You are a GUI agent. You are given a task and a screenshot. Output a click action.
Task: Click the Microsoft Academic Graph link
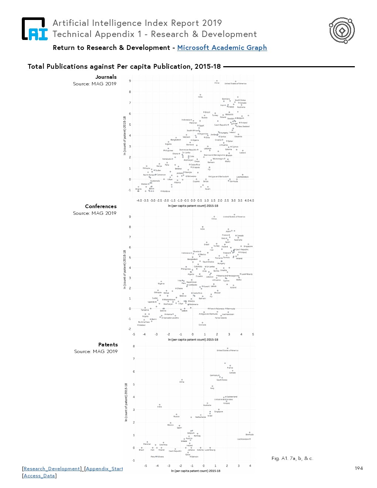coord(222,48)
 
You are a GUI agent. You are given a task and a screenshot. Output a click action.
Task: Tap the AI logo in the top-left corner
coord(35,29)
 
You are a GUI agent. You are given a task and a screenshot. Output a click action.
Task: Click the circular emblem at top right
coord(342,30)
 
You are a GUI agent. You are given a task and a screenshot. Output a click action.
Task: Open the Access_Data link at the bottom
coord(39,476)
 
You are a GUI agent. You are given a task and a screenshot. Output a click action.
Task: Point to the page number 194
coord(359,468)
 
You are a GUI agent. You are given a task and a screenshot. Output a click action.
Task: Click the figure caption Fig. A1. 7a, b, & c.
coord(292,458)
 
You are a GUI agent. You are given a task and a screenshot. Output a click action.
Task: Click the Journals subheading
coord(106,77)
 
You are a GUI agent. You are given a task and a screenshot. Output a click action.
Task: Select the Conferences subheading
coord(101,206)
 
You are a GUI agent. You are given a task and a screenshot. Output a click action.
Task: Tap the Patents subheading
coord(108,345)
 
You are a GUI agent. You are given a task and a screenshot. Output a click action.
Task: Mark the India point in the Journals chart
coord(200,95)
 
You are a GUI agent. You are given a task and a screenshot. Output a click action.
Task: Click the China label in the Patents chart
coord(182,382)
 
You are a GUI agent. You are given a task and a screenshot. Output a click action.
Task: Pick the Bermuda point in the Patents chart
coord(250,432)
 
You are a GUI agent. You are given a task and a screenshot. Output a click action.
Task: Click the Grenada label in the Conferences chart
coord(202,325)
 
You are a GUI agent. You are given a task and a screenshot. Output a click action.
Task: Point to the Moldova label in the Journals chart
coord(166,192)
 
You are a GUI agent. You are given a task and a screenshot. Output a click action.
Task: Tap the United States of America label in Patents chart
coord(227,350)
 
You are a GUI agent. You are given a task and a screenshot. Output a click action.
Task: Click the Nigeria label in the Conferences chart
coord(161,284)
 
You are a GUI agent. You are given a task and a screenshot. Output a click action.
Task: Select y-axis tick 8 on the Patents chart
coord(134,346)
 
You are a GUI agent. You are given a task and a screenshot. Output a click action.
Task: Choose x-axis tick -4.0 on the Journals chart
coord(139,200)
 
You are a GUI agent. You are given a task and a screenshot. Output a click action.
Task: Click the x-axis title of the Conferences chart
coord(193,339)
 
